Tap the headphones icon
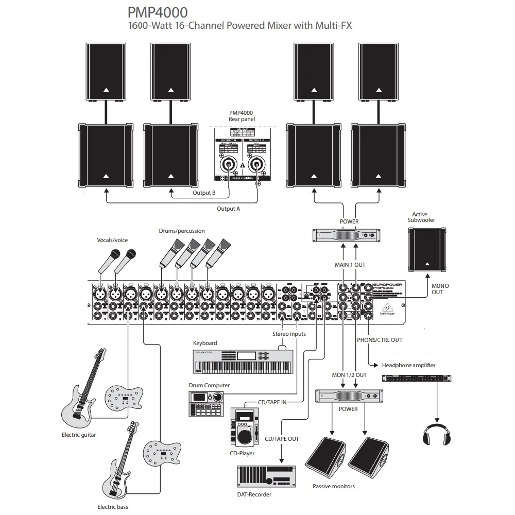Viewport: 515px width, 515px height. coord(437,434)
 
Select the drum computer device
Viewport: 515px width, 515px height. coord(207,403)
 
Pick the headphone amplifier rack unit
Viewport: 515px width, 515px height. coord(417,378)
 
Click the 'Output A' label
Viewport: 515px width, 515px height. coord(228,209)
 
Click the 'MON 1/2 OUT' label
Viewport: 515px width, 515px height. coord(349,375)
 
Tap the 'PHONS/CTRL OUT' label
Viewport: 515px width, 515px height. coord(380,340)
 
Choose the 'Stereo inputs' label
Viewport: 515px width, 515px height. coord(289,334)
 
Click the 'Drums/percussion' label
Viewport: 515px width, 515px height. coord(181,231)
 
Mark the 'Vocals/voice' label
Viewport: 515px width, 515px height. coord(112,240)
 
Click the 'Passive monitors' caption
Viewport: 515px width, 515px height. coord(334,486)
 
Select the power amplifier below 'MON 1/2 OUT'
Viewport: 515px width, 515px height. coord(349,396)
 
